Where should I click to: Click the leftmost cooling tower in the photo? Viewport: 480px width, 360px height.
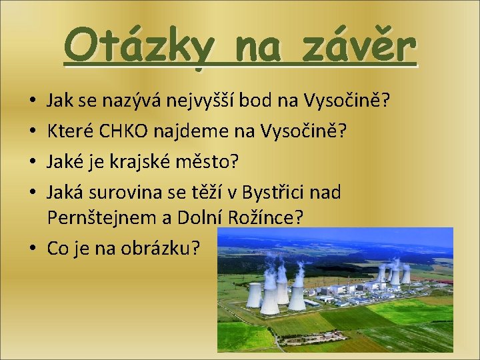254,294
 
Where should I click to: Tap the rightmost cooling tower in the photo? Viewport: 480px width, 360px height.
405,274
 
